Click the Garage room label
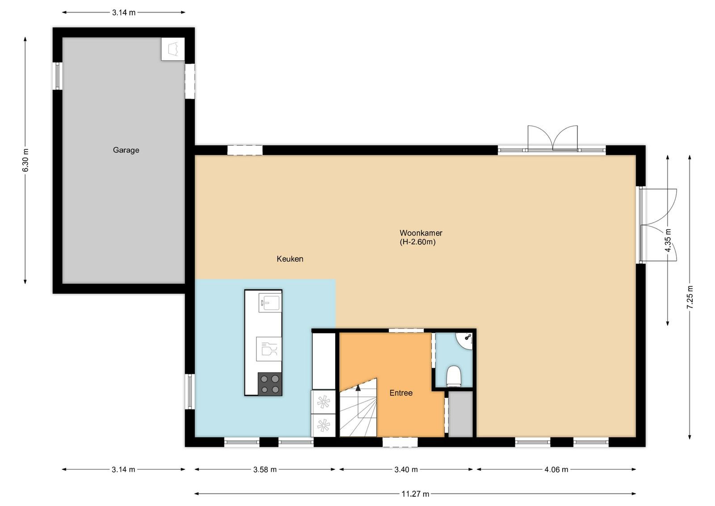point(126,150)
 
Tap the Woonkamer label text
point(421,233)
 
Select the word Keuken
point(290,259)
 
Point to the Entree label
point(401,393)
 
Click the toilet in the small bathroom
point(454,376)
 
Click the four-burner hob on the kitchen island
point(270,384)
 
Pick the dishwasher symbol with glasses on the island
point(269,349)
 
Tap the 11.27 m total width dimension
point(415,494)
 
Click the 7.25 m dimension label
point(690,297)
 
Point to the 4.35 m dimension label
point(668,240)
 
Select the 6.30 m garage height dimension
point(25,160)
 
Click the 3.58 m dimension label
point(265,470)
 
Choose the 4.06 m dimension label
point(556,470)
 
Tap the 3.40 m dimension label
point(406,470)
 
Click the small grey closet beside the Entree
point(461,414)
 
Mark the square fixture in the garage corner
point(172,49)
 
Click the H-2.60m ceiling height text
point(417,242)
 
